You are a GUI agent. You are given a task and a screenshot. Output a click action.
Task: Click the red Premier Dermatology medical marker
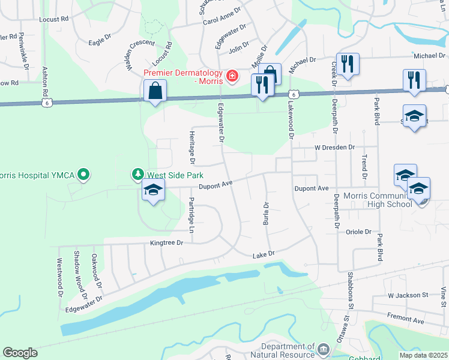[231, 77]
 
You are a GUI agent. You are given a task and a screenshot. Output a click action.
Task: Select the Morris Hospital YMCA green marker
[84, 175]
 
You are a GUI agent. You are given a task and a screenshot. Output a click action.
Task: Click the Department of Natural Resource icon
[324, 349]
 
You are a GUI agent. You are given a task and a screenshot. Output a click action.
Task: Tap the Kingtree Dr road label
[166, 243]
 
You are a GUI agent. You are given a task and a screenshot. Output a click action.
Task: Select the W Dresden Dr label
[335, 147]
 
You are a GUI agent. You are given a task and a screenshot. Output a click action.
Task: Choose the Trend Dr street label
[364, 167]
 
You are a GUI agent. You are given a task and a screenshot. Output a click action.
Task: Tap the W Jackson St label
[408, 295]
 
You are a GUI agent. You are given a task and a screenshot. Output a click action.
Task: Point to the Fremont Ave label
[405, 322]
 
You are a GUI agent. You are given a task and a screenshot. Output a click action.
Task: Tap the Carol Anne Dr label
[221, 20]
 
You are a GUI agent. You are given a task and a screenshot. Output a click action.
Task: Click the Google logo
[20, 352]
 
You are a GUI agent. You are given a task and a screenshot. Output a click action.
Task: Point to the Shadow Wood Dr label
[79, 275]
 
